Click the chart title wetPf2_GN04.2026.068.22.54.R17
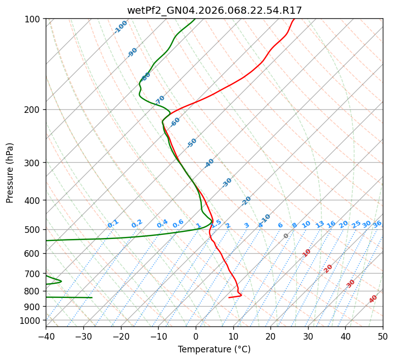(214, 10)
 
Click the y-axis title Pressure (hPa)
(10, 172)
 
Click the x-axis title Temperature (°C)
(214, 349)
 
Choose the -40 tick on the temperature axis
(46, 336)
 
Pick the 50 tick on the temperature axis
(383, 336)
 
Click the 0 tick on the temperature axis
(196, 336)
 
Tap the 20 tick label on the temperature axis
(270, 336)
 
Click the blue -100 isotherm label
(120, 27)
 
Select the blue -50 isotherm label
(192, 143)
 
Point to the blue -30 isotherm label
(227, 182)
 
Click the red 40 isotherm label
(373, 299)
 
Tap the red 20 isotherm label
(328, 268)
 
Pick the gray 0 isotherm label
(286, 236)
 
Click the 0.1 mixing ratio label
(113, 223)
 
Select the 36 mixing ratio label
(377, 224)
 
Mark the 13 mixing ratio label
(320, 224)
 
